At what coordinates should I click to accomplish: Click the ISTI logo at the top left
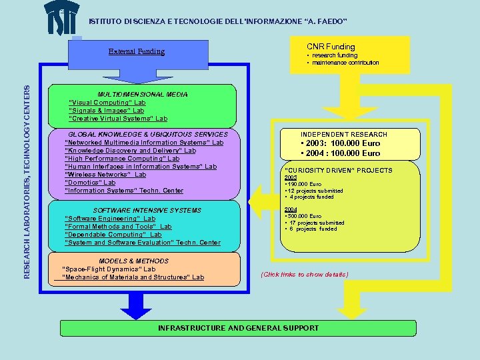64,18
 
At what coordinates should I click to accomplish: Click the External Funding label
137,51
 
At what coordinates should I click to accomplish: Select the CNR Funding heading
331,47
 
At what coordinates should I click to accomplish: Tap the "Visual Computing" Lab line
107,103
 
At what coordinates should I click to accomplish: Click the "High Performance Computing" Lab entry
122,159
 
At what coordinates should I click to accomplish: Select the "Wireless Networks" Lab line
105,175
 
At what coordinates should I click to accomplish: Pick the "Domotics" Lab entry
90,183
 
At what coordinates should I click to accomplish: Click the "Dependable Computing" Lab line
113,235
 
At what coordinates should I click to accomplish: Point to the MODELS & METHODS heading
134,261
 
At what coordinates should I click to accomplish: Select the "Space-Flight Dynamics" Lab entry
109,269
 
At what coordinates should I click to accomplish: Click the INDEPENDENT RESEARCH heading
344,135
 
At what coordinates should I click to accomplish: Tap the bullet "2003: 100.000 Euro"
341,143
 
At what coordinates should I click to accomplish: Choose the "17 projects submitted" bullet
315,223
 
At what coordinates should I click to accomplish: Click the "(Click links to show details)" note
305,275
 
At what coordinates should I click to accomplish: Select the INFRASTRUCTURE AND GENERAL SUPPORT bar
238,328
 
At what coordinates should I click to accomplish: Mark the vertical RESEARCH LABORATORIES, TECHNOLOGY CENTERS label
27,171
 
